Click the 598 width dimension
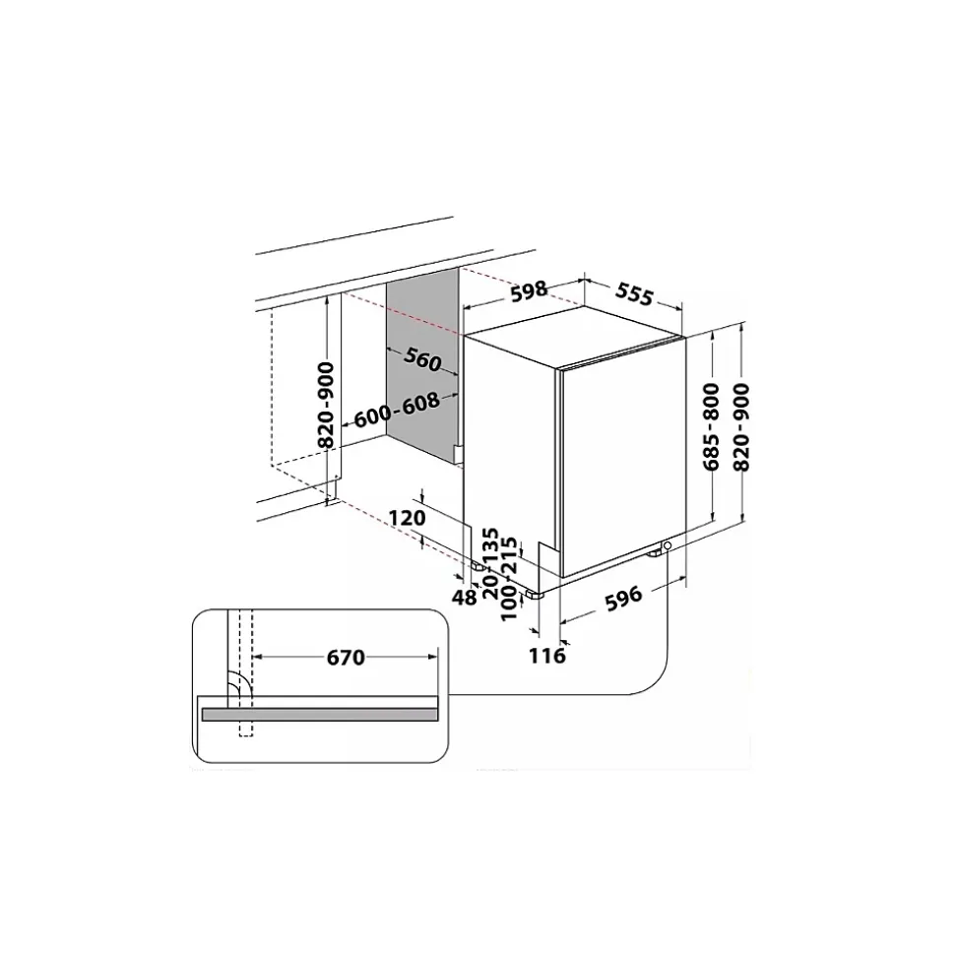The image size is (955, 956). [529, 290]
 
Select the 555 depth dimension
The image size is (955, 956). [634, 293]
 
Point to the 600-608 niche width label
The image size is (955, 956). [397, 411]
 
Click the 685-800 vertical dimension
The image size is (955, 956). [712, 426]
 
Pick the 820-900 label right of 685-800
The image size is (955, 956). [741, 426]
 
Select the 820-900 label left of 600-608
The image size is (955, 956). [327, 405]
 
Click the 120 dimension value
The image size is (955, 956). [407, 518]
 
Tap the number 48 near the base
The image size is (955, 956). [465, 597]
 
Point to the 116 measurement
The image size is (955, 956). [547, 656]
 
